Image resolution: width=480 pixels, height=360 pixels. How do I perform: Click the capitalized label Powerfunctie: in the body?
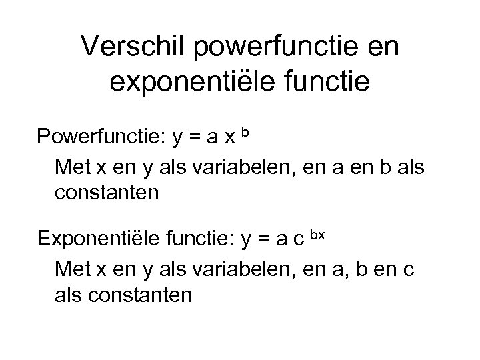click(102, 137)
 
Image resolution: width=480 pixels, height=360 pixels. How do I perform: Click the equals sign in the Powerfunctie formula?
click(199, 139)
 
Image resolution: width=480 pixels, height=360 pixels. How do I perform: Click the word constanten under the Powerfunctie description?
click(108, 193)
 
